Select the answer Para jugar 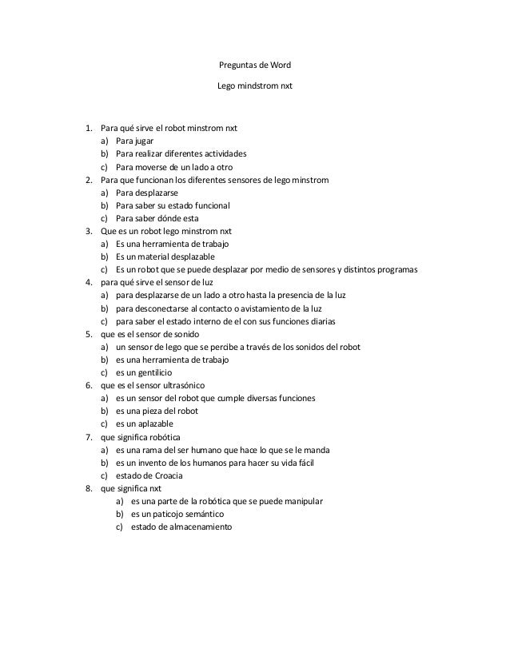click(x=134, y=141)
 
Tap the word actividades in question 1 click(x=224, y=153)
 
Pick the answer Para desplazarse click(x=146, y=193)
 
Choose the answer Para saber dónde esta click(x=157, y=218)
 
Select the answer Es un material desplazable click(x=165, y=256)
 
